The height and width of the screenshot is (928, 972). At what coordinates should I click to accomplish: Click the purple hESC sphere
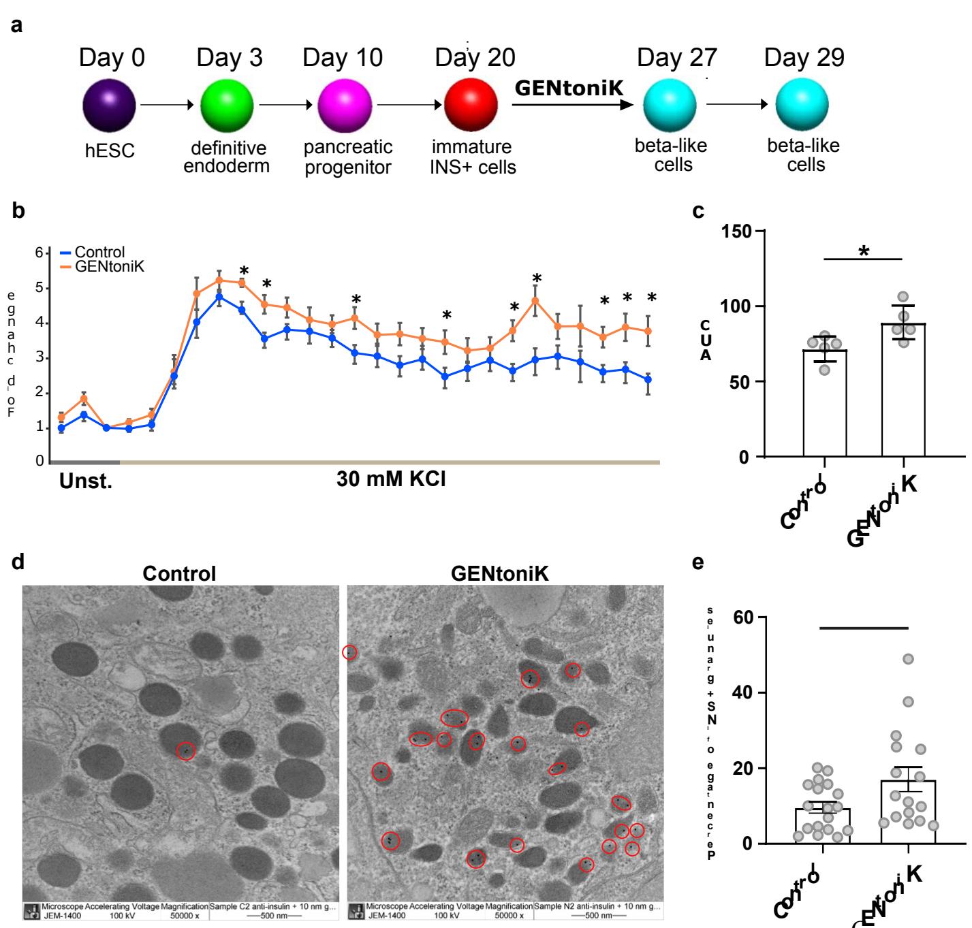click(109, 107)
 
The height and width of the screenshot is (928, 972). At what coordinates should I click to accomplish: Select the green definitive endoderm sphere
click(227, 107)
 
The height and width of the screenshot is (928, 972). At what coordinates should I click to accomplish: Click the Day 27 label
click(676, 58)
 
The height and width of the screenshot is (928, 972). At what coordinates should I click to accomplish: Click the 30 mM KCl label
click(391, 479)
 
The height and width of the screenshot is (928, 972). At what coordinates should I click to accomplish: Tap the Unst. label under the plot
click(85, 481)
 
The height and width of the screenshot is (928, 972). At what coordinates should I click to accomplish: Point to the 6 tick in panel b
click(40, 253)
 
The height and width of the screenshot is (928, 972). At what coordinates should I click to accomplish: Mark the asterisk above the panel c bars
click(864, 252)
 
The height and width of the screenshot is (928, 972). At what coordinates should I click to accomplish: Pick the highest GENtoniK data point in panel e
click(908, 659)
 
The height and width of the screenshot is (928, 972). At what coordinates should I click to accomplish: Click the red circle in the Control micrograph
click(185, 751)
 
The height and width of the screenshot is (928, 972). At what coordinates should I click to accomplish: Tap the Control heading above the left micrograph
click(179, 573)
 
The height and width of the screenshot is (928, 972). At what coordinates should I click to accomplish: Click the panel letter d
click(18, 562)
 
